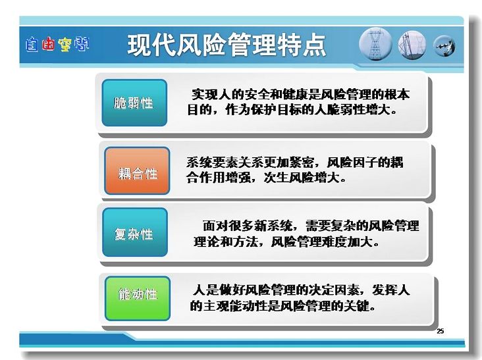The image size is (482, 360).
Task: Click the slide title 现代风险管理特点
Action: click(x=227, y=45)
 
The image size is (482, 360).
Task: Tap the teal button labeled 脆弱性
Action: click(x=134, y=103)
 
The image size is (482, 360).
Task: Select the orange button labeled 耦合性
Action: click(x=137, y=170)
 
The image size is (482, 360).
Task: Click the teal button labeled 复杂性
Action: click(x=135, y=232)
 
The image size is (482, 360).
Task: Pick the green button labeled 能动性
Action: click(x=138, y=299)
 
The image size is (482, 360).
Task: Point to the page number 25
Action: click(x=441, y=331)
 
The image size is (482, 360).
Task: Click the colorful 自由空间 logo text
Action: click(x=57, y=44)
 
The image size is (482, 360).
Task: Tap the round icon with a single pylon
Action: click(x=375, y=44)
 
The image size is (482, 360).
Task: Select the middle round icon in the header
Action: click(x=412, y=45)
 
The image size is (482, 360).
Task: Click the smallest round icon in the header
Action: click(x=444, y=46)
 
